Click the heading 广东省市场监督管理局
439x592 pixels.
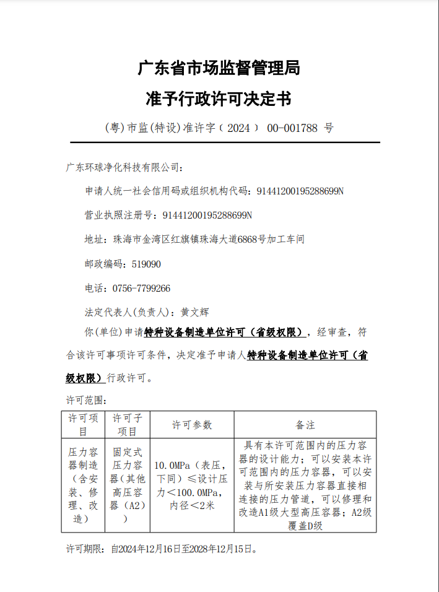[x=219, y=68]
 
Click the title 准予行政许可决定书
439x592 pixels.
[x=219, y=98]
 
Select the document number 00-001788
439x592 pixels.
[x=292, y=128]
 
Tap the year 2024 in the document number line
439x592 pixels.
[x=238, y=128]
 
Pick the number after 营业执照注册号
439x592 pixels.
[x=207, y=215]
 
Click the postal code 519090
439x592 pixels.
[x=146, y=264]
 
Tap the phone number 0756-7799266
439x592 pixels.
[x=141, y=288]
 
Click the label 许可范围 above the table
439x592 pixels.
[x=87, y=400]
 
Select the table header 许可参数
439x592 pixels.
[x=191, y=425]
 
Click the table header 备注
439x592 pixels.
[x=305, y=425]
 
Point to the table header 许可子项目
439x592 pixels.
[x=127, y=425]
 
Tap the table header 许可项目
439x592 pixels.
[x=83, y=425]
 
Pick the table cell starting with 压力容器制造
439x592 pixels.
[x=83, y=485]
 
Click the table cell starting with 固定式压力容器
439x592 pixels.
[x=127, y=485]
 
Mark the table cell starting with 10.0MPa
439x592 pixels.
[x=191, y=485]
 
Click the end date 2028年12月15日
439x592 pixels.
[x=224, y=549]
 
